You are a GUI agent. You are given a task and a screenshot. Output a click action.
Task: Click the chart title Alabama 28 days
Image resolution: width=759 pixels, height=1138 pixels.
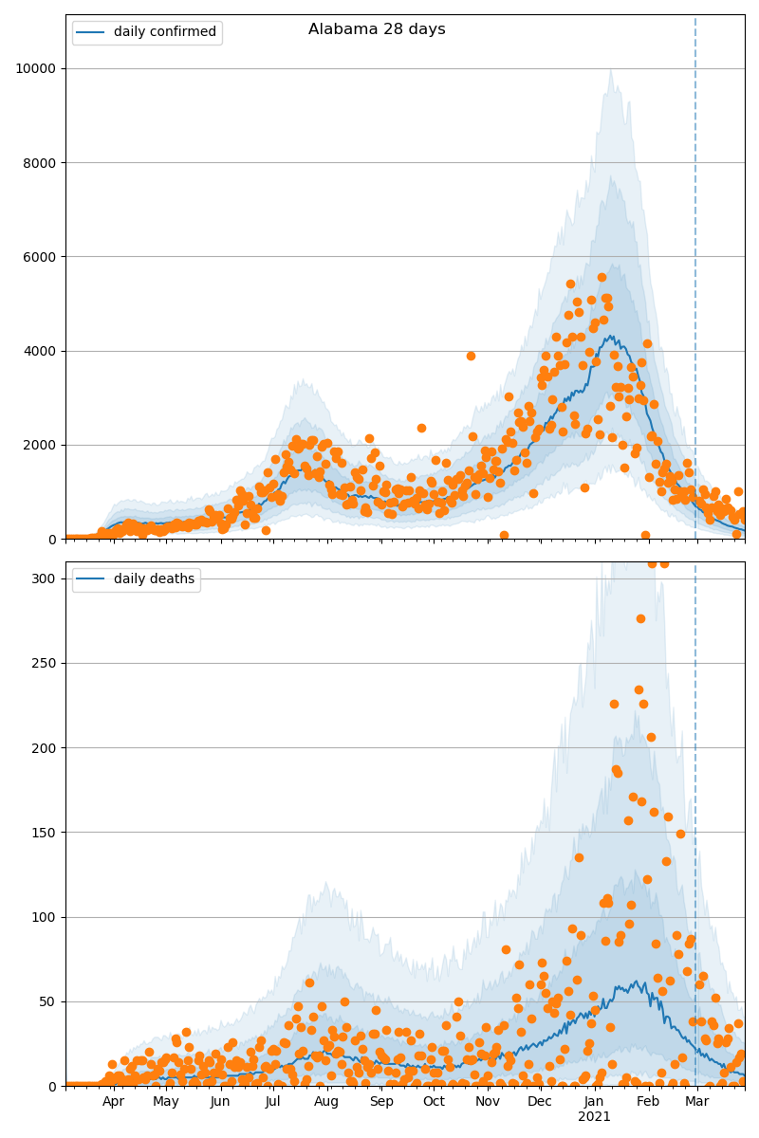pyautogui.click(x=377, y=29)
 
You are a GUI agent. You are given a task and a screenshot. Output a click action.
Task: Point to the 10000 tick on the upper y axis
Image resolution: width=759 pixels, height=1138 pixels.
pyautogui.click(x=34, y=68)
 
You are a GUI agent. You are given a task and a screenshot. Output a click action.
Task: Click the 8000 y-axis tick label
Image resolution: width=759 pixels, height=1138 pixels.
pyautogui.click(x=38, y=163)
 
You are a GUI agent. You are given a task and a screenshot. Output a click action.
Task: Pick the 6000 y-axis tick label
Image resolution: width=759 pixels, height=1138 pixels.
pyautogui.click(x=38, y=257)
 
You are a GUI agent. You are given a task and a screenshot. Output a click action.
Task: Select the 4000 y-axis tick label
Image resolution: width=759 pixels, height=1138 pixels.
pyautogui.click(x=38, y=351)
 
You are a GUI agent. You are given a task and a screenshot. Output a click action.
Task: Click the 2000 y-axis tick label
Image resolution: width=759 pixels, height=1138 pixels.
pyautogui.click(x=38, y=445)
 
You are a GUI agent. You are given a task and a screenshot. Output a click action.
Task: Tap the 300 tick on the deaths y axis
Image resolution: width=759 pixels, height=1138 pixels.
pyautogui.click(x=44, y=578)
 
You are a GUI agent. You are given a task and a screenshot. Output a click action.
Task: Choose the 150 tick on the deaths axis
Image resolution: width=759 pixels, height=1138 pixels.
pyautogui.click(x=44, y=833)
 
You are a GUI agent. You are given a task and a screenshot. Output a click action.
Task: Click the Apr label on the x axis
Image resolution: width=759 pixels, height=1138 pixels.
pyautogui.click(x=114, y=1102)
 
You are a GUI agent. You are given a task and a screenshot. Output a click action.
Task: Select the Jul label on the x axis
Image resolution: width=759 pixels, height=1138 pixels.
pyautogui.click(x=273, y=1102)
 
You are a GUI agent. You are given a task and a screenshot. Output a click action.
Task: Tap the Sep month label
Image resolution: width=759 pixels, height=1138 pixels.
pyautogui.click(x=381, y=1102)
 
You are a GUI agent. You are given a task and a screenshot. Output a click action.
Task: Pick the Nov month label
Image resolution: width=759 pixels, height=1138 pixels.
pyautogui.click(x=488, y=1102)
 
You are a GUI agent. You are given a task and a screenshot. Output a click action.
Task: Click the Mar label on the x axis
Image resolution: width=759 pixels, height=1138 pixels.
pyautogui.click(x=697, y=1102)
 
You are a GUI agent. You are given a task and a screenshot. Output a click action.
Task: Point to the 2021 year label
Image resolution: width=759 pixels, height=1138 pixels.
pyautogui.click(x=595, y=1117)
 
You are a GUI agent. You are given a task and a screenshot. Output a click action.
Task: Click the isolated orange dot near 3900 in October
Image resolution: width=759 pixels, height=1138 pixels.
pyautogui.click(x=471, y=356)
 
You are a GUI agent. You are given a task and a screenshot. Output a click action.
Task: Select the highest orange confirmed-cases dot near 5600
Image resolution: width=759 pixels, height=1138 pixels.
pyautogui.click(x=602, y=277)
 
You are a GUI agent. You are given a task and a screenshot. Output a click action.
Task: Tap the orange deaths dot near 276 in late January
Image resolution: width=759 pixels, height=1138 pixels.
pyautogui.click(x=640, y=618)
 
